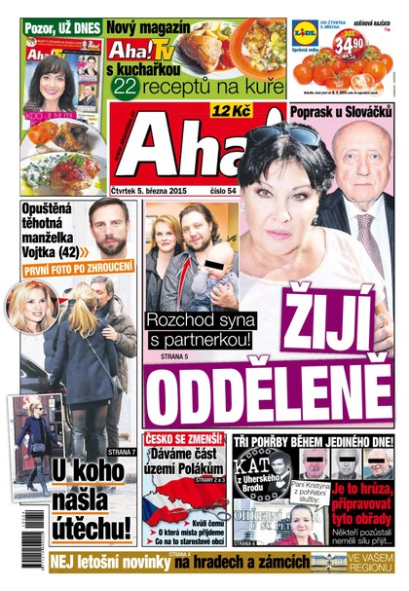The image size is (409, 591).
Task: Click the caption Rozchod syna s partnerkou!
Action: pos(199,329)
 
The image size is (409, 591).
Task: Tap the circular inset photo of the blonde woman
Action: pos(32,305)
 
